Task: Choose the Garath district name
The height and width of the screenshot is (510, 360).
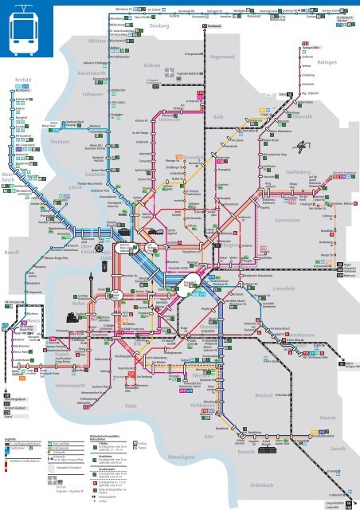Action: [338, 449]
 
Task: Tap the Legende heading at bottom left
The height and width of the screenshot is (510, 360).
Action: [10, 439]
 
